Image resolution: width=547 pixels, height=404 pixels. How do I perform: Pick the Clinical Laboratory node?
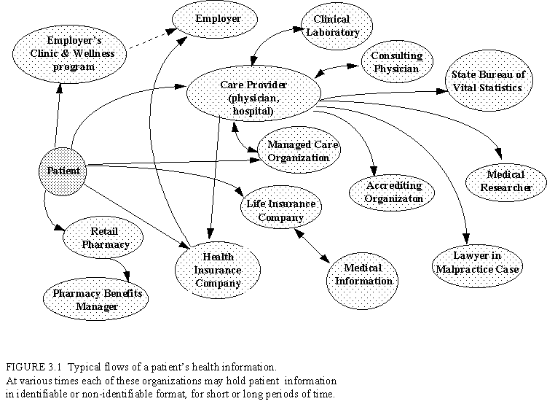coord(331,26)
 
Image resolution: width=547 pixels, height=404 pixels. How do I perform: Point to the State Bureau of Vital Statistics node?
coord(487,82)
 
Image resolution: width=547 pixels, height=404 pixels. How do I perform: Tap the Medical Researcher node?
coord(505,182)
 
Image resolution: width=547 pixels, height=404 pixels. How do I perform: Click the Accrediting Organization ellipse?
coord(394,192)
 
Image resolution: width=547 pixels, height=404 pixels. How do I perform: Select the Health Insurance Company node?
coord(218,270)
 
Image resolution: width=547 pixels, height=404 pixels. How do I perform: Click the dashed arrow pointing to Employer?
coord(150,41)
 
